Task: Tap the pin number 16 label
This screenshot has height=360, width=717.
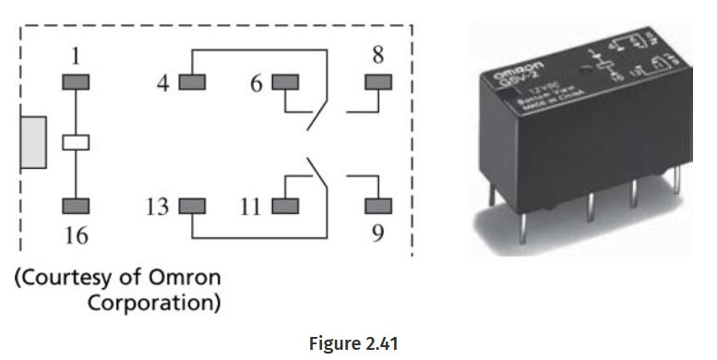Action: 76,236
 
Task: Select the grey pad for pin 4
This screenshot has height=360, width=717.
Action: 191,82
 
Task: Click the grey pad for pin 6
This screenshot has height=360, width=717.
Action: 285,82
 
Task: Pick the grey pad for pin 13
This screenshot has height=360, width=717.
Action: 191,205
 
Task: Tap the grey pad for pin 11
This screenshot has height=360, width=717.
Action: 285,205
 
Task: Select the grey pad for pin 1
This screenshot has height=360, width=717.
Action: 76,82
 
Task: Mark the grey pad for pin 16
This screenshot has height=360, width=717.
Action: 76,205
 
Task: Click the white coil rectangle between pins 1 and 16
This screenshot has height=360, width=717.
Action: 76,143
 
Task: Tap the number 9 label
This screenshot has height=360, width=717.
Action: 377,234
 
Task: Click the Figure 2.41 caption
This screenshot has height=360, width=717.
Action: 353,343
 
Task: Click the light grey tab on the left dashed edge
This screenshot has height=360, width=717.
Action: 33,143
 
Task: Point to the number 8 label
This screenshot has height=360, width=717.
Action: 377,54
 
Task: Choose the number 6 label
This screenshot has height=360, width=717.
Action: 256,82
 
